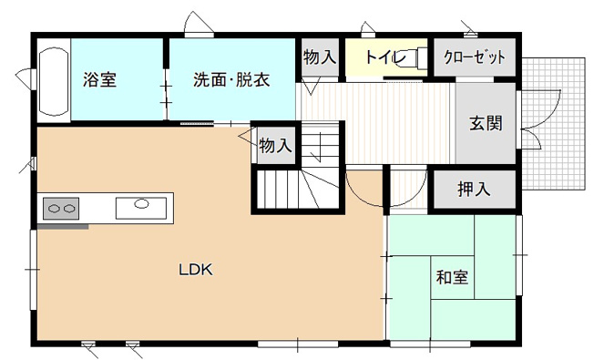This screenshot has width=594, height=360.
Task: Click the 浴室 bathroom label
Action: [99, 79]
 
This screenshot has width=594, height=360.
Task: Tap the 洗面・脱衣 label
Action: [231, 79]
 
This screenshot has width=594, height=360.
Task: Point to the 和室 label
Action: [453, 276]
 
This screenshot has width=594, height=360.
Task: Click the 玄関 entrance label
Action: [486, 123]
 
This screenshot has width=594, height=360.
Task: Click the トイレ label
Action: [383, 57]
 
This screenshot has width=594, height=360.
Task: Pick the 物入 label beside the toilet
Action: [319, 57]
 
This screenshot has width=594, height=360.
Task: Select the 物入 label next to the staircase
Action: [275, 145]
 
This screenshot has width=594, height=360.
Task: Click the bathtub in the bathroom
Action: [54, 81]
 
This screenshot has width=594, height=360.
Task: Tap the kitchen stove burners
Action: [60, 209]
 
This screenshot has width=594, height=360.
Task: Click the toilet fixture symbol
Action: [415, 57]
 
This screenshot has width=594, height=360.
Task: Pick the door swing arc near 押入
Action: [407, 190]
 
